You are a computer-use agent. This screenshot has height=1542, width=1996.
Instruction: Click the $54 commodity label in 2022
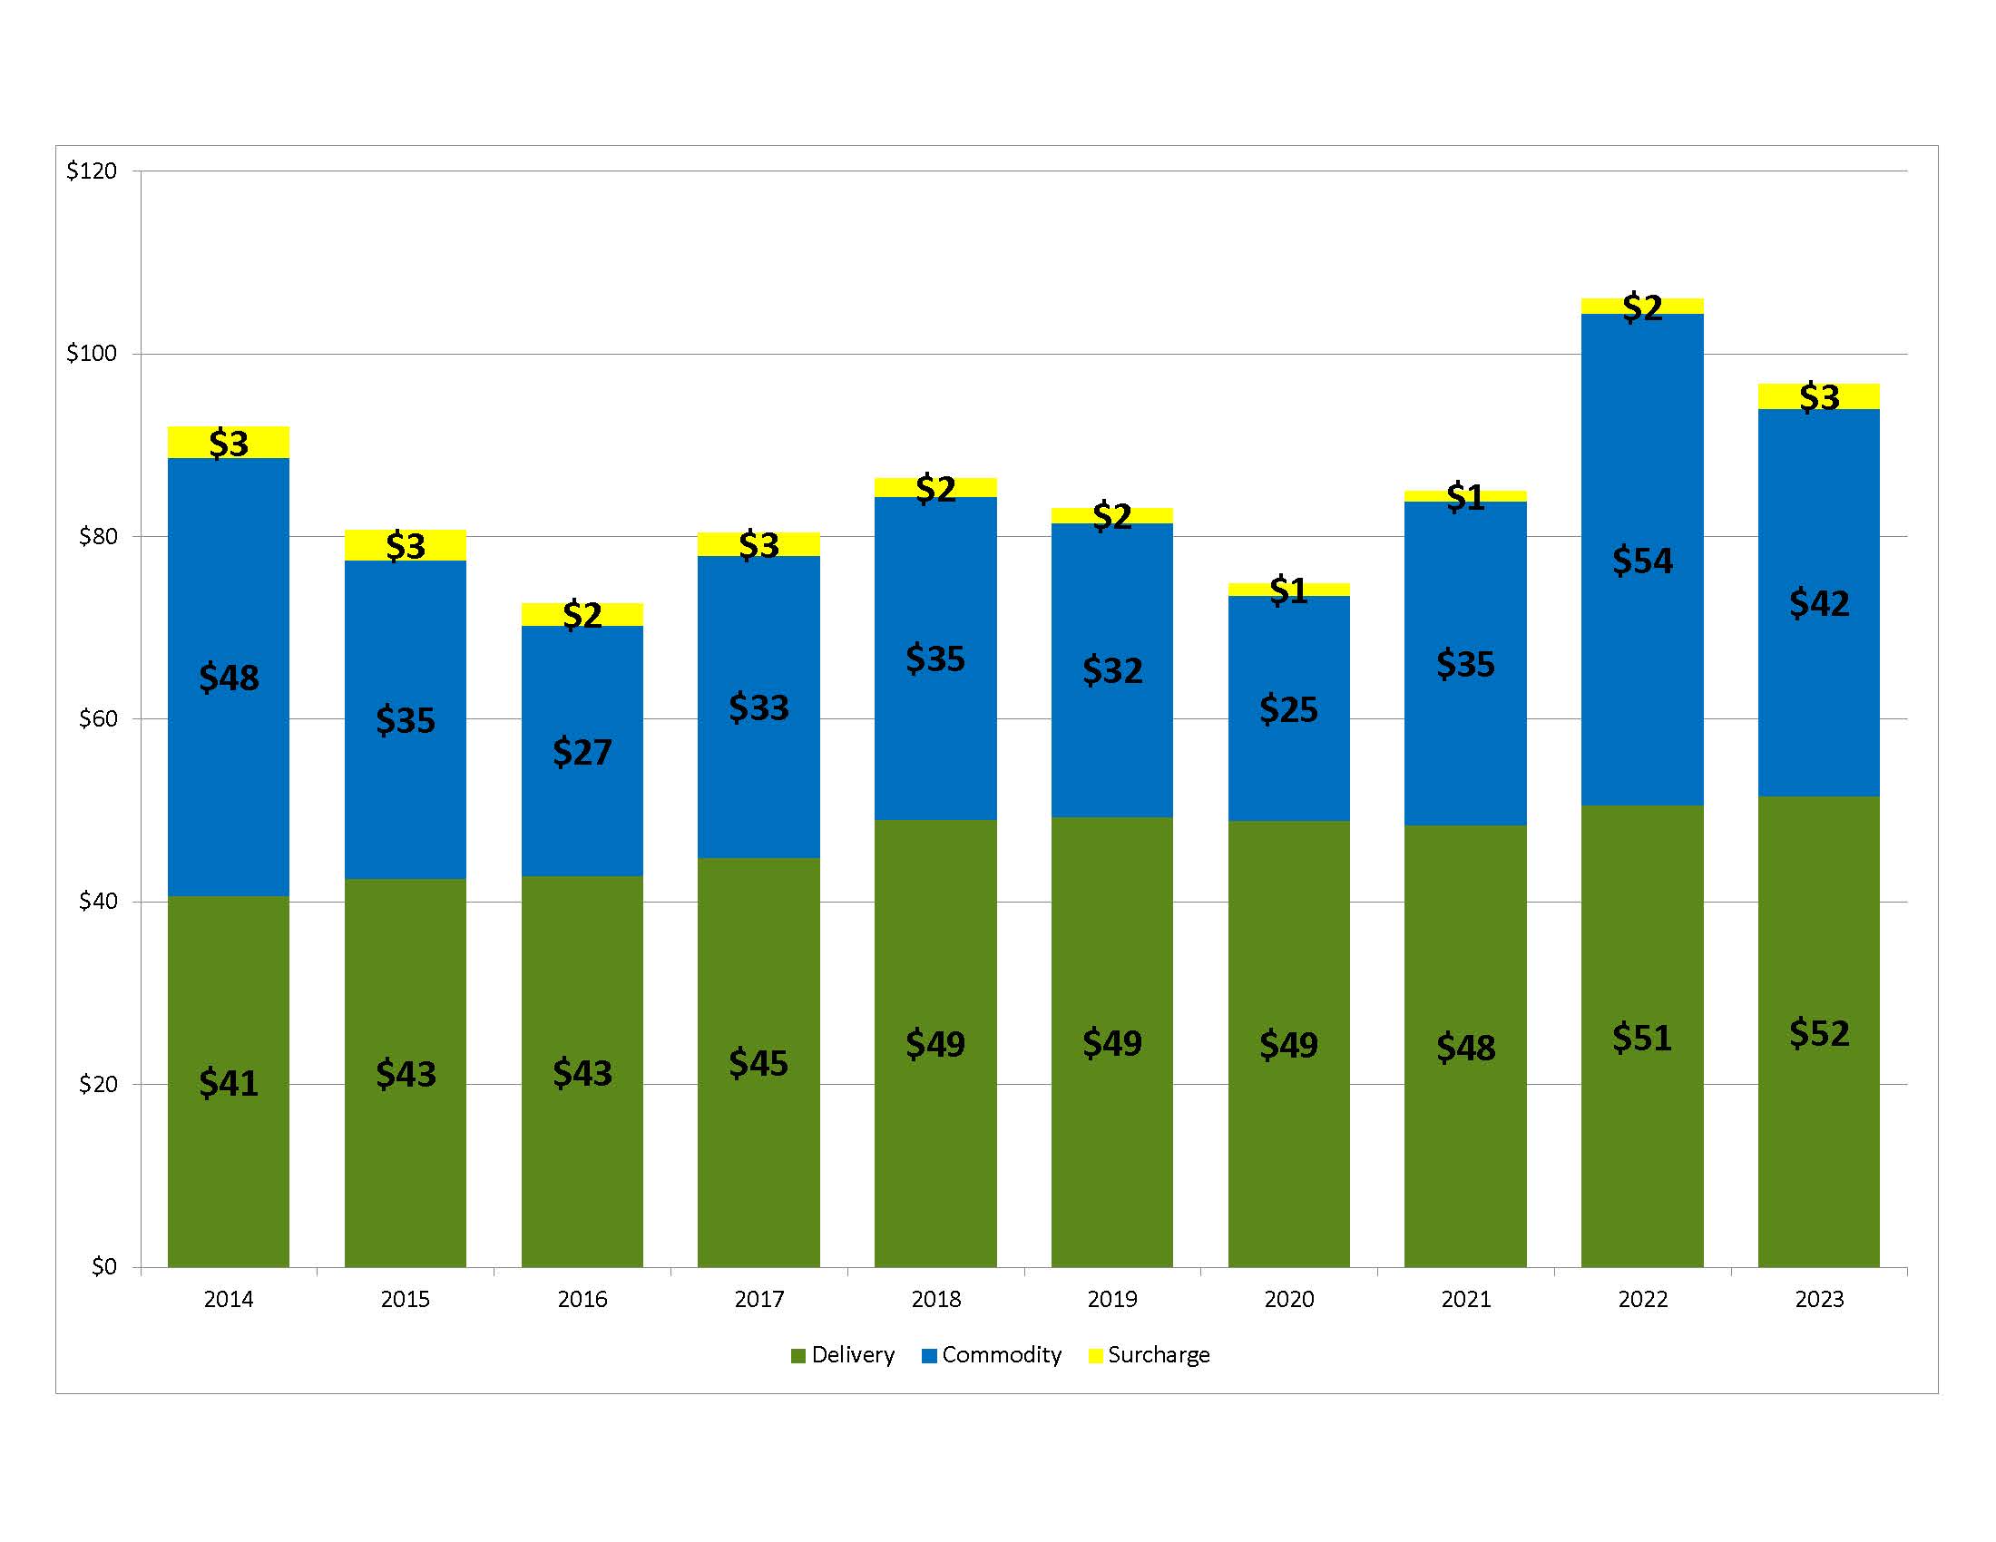1641,560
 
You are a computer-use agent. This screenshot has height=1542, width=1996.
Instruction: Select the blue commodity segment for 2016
582,694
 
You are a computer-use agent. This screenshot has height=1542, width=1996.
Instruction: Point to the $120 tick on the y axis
92,171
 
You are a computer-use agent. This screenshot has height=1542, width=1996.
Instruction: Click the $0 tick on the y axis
103,1266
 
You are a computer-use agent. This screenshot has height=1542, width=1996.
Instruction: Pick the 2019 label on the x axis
1112,1299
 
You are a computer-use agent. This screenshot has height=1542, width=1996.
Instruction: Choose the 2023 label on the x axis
1819,1299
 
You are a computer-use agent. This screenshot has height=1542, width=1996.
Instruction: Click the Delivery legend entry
843,1355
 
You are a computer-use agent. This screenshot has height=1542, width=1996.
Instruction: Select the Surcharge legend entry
1149,1355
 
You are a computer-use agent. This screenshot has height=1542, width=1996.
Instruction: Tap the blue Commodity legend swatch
929,1356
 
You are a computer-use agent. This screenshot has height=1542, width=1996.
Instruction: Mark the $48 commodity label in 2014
229,678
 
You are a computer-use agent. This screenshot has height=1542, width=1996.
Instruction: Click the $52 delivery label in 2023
1819,1033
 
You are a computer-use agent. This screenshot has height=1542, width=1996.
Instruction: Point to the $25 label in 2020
1288,709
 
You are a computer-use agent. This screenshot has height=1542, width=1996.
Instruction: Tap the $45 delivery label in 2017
758,1062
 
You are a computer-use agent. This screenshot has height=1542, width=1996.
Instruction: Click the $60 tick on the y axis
98,719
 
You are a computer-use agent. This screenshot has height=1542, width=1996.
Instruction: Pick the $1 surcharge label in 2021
1465,497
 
